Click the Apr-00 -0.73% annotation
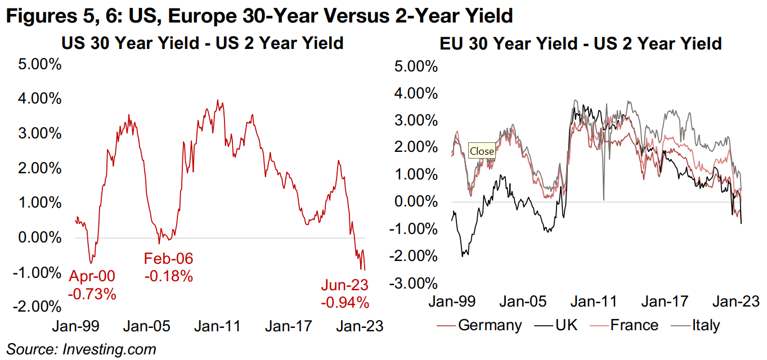[x=92, y=285]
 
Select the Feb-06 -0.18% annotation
[x=168, y=267]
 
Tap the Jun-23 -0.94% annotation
[x=345, y=294]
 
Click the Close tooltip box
[x=482, y=151]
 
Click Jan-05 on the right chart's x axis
[x=522, y=302]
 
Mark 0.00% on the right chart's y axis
[x=416, y=201]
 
